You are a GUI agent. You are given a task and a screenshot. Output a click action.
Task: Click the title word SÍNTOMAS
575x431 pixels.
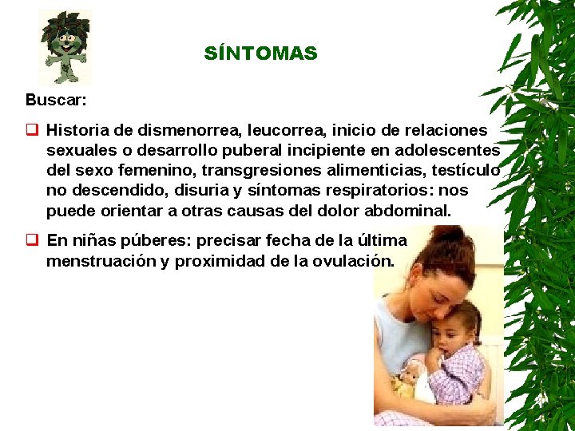tap(260, 54)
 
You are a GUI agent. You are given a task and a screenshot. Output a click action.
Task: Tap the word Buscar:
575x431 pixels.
tap(56, 101)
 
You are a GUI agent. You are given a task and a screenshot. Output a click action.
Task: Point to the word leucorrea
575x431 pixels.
tap(282, 129)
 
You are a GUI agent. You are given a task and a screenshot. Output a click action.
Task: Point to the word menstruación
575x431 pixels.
tap(101, 261)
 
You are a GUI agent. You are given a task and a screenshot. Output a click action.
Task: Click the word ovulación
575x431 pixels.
tap(355, 261)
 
